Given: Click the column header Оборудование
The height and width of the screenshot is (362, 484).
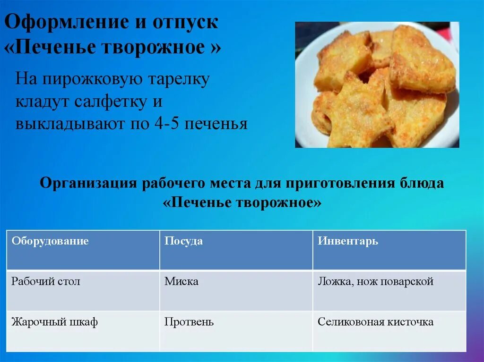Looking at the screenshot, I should pyautogui.click(x=50, y=241).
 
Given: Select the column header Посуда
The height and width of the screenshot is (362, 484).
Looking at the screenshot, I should pyautogui.click(x=183, y=241).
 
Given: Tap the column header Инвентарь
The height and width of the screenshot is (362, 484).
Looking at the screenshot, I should pyautogui.click(x=347, y=241).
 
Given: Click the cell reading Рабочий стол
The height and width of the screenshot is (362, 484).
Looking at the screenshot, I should pyautogui.click(x=46, y=282).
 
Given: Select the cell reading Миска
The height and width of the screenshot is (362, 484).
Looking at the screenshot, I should pyautogui.click(x=181, y=282).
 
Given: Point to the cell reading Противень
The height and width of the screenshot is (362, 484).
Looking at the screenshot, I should pyautogui.click(x=189, y=322).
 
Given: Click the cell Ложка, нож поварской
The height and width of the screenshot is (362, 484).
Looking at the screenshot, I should pyautogui.click(x=375, y=282).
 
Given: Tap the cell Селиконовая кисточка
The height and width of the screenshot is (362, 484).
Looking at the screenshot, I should pyautogui.click(x=375, y=322).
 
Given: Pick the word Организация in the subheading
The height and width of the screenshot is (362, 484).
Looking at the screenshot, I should pyautogui.click(x=87, y=183).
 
